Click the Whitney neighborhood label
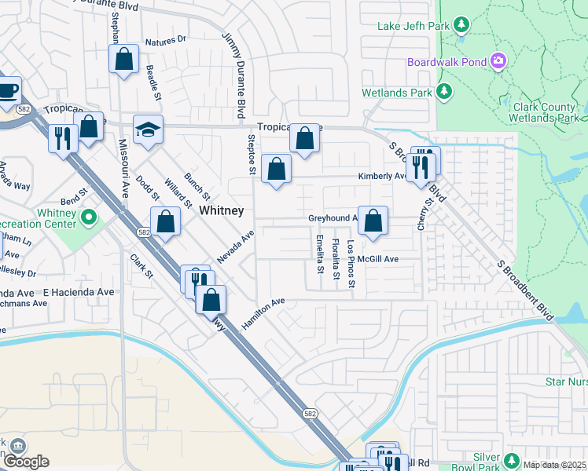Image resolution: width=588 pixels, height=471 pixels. click(221, 211)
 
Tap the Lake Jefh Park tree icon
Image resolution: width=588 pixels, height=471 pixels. click(462, 26)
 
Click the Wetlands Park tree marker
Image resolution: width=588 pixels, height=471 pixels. click(444, 93)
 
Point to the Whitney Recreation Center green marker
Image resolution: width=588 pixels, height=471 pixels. click(90, 216)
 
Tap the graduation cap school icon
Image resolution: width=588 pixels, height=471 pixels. click(147, 130)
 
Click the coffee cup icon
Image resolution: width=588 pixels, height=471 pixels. click(8, 90)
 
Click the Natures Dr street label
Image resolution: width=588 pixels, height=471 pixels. click(165, 38)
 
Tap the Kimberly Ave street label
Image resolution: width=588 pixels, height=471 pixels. click(382, 177)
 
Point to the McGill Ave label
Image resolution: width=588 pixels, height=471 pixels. click(378, 258)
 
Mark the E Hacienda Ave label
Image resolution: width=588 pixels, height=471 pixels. click(79, 291)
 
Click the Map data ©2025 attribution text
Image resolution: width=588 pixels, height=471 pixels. click(554, 465)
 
